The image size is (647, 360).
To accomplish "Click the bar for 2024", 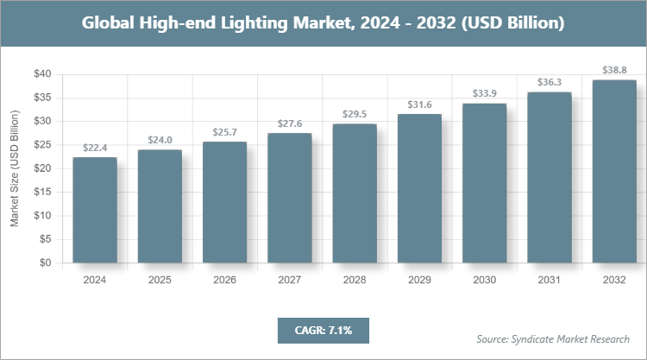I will point(95,210).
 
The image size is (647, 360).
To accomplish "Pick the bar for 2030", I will point(485,183).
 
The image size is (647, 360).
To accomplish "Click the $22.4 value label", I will point(95,148).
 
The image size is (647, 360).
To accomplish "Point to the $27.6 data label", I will point(290,124).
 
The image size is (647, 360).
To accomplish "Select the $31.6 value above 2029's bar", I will point(419,105).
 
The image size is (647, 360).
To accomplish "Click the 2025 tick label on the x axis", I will point(160,281).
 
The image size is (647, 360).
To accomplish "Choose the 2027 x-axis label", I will point(290,281).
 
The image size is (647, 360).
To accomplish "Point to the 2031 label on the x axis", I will point(550,281).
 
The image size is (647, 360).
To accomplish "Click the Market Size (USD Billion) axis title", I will point(15,168).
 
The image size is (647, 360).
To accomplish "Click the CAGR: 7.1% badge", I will point(323,330).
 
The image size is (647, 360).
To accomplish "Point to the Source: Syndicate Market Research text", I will point(552,338).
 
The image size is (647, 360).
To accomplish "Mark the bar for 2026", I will point(224,202).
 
